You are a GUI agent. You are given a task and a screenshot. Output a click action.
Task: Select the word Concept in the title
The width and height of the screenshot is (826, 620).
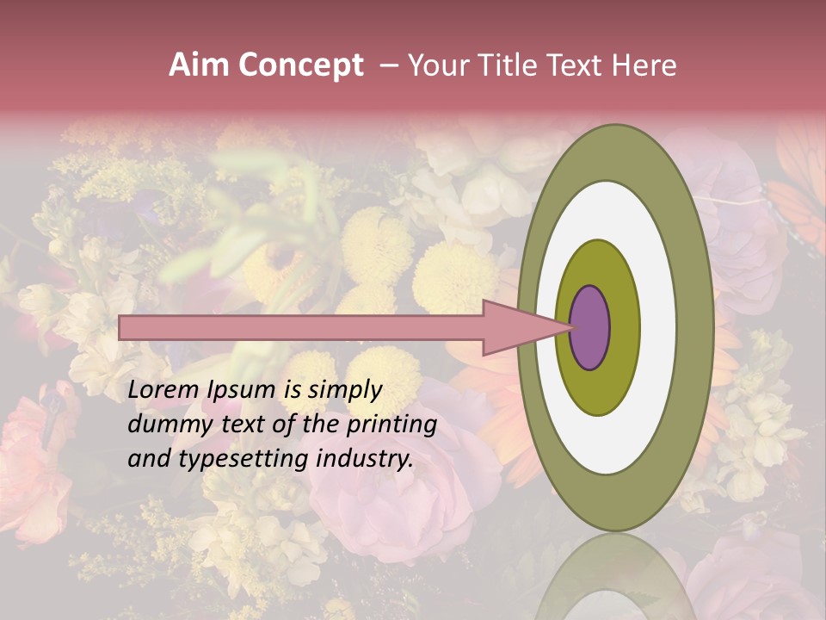pyautogui.click(x=301, y=66)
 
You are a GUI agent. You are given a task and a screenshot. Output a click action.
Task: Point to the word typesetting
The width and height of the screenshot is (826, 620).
pyautogui.click(x=243, y=460)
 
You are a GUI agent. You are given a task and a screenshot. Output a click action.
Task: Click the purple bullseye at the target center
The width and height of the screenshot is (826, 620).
pyautogui.click(x=590, y=327)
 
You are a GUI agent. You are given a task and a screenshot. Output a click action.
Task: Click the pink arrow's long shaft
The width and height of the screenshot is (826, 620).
pyautogui.click(x=301, y=327)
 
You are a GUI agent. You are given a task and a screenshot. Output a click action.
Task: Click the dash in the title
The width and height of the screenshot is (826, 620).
pyautogui.click(x=389, y=65)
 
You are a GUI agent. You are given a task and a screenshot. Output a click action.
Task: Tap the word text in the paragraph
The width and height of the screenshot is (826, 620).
pyautogui.click(x=237, y=425)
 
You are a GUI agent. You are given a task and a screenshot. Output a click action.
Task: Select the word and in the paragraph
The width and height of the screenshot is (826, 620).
pyautogui.click(x=149, y=459)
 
